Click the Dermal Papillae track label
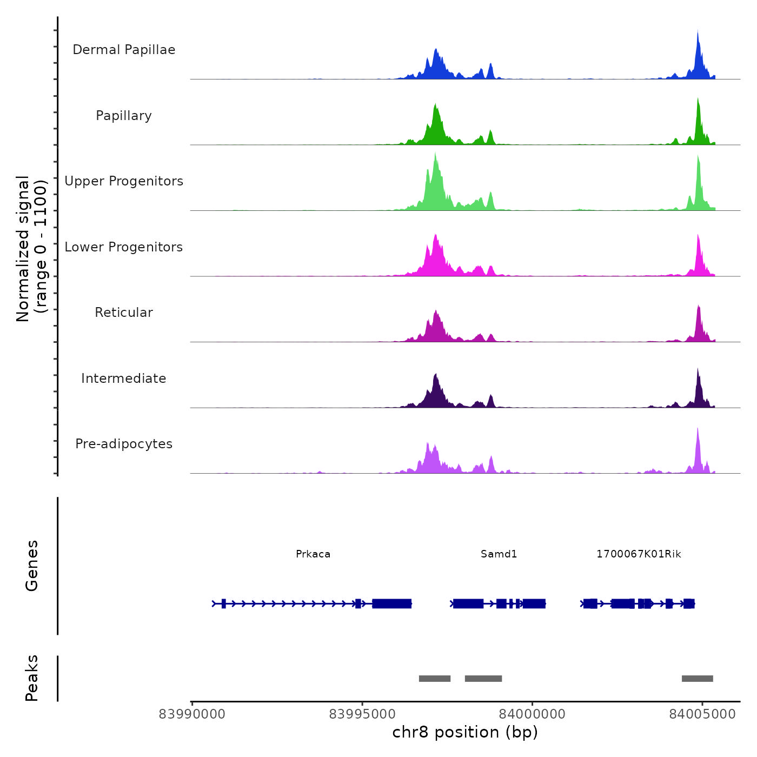[x=124, y=50]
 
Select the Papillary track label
[x=124, y=116]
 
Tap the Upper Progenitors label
[x=124, y=181]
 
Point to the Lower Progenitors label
[x=124, y=247]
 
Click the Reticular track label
[x=124, y=313]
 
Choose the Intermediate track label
[x=124, y=378]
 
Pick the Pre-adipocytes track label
[x=124, y=444]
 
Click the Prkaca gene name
[x=313, y=554]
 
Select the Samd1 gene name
[x=499, y=554]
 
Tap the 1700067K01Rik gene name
[x=639, y=554]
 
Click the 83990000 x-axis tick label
[x=192, y=714]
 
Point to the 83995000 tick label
[x=362, y=714]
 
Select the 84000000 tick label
[x=532, y=714]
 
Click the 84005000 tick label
[x=702, y=714]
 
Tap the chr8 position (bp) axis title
[x=465, y=732]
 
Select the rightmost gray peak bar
[x=697, y=679]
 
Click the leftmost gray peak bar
[x=435, y=679]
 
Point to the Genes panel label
[x=32, y=566]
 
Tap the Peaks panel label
[x=32, y=678]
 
